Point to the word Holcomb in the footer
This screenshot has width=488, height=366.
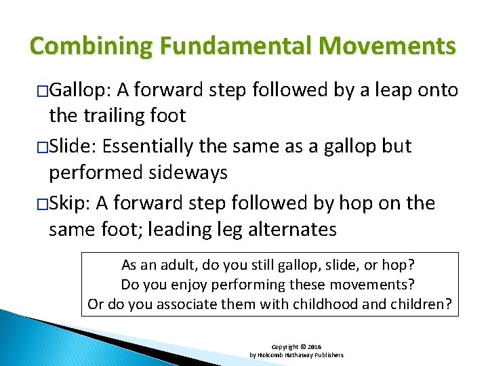272,354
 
